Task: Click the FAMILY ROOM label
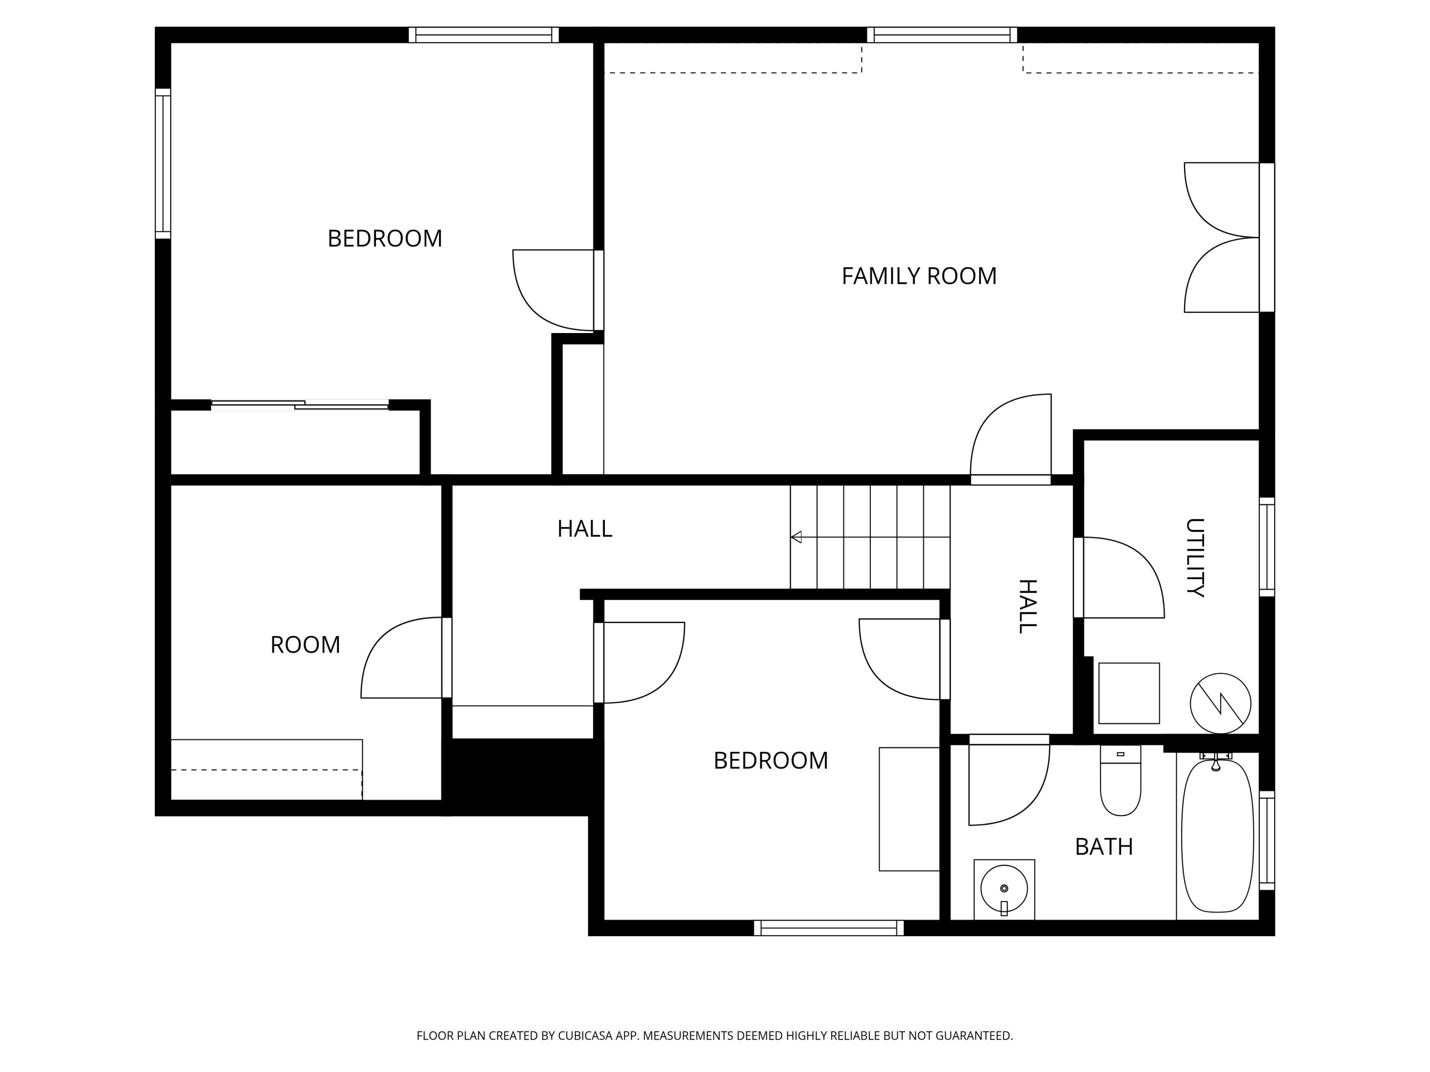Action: tap(918, 276)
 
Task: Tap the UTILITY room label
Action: tap(1194, 557)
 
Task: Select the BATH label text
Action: tap(1103, 847)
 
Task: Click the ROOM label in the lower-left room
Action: tap(305, 644)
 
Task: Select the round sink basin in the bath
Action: tap(1003, 888)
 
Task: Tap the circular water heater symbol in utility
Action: tap(1220, 703)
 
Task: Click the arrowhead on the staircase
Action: tap(797, 537)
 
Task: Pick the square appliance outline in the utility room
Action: tap(1129, 693)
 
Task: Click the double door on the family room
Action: tap(1222, 237)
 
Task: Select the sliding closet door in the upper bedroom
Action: tap(300, 405)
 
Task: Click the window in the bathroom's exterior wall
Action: tap(1267, 840)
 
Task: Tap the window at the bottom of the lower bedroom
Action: tap(829, 928)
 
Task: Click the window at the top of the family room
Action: tap(941, 35)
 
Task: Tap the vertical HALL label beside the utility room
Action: tap(1027, 606)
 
